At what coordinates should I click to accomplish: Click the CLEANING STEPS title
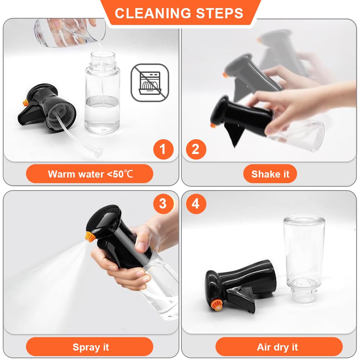tap(179, 13)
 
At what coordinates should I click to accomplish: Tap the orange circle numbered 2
tap(195, 149)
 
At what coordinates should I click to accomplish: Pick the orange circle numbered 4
tap(195, 204)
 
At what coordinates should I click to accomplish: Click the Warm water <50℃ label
tap(90, 174)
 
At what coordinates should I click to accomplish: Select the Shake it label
tap(270, 174)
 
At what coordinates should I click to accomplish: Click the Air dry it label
tap(278, 347)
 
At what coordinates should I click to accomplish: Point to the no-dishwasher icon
tap(150, 83)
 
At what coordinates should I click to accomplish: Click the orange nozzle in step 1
tap(25, 102)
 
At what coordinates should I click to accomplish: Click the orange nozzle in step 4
tap(217, 304)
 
